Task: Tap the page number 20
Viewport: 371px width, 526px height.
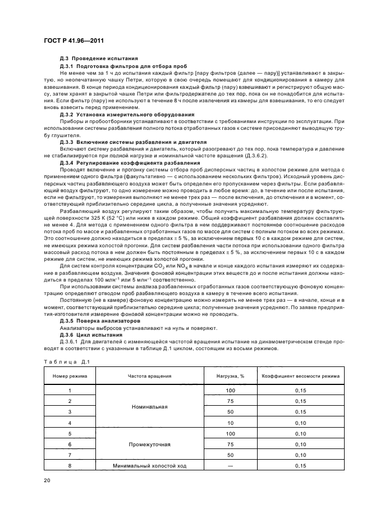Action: [47, 480]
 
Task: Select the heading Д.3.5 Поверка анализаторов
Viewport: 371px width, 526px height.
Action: [95, 320]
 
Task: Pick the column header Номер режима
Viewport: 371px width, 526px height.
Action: [70, 375]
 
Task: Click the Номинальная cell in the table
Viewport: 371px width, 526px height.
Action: [149, 406]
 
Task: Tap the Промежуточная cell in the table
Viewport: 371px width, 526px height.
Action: [149, 444]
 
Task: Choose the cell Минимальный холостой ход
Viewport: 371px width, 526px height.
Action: [149, 465]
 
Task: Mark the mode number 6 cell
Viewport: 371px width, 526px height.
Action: [70, 444]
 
